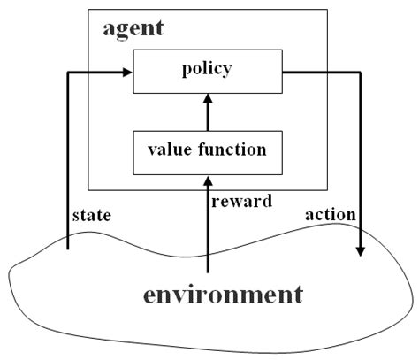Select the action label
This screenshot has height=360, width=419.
pyautogui.click(x=329, y=215)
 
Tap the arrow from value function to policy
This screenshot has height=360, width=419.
pyautogui.click(x=208, y=113)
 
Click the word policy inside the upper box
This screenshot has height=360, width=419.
pyautogui.click(x=208, y=67)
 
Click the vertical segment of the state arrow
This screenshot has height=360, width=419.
pyautogui.click(x=68, y=159)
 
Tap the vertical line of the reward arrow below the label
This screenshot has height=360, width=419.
pyautogui.click(x=208, y=243)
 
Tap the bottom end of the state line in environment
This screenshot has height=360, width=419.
pyautogui.click(x=68, y=250)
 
